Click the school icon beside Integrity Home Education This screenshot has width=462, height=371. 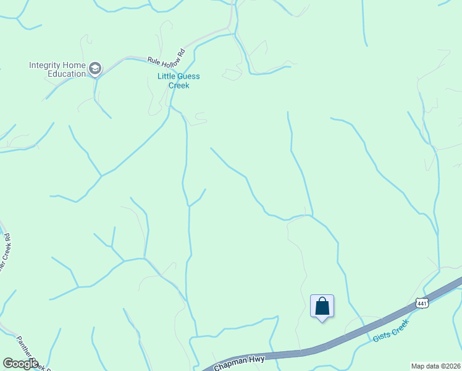(94, 68)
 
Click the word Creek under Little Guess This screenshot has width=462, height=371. (178, 85)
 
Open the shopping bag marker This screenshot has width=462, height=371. (322, 306)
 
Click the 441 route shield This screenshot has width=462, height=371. (422, 303)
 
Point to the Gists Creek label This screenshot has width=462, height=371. (391, 331)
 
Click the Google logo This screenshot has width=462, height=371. (20, 364)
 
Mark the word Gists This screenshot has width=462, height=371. (381, 336)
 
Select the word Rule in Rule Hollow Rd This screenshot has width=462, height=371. (153, 61)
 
